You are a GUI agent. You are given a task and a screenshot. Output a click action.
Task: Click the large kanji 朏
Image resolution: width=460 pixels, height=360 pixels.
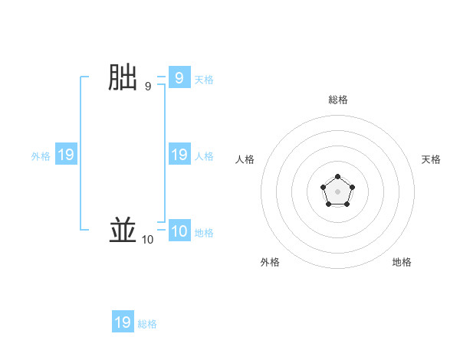tap(123, 78)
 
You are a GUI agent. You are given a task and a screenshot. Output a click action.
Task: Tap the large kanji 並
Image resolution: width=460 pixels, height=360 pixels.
tap(123, 231)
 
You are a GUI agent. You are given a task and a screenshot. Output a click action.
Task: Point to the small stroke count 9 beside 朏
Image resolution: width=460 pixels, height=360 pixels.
tap(148, 87)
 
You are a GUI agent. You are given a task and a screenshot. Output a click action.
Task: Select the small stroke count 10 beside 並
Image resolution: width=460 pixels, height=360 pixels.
tap(147, 240)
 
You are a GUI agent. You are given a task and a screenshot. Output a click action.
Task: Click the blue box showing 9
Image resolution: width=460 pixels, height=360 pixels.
tap(179, 77)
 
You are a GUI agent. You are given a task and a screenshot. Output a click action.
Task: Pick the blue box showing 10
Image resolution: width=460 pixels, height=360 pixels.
tap(179, 231)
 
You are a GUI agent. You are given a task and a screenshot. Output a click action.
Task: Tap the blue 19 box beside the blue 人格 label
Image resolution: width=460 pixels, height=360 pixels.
tap(179, 155)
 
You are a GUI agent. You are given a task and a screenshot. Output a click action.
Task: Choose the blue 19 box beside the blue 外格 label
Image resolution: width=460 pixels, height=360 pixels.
tap(65, 155)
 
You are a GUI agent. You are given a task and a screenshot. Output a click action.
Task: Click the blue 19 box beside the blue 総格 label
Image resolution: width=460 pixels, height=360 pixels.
tap(123, 322)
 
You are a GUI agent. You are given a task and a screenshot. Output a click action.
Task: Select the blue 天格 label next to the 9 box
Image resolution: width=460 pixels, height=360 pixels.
tap(204, 80)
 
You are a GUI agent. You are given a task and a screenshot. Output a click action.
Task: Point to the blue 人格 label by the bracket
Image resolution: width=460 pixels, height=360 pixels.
tap(204, 156)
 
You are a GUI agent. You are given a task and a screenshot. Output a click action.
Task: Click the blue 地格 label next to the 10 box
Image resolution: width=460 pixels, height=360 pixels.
tap(204, 233)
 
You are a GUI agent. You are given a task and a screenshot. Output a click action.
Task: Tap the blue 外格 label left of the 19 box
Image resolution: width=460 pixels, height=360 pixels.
tap(41, 156)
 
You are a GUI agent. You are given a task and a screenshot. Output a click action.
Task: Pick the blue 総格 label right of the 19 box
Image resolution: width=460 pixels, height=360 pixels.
tap(147, 324)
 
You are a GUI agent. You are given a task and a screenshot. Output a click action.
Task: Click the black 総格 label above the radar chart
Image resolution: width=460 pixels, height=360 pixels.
tap(338, 100)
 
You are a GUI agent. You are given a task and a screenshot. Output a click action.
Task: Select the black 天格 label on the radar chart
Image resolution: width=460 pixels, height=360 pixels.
tap(432, 159)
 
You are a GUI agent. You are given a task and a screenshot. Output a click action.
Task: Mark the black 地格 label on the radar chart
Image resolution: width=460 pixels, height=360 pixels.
tap(402, 262)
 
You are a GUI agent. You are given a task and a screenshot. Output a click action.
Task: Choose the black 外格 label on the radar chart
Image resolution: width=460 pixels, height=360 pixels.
tap(270, 262)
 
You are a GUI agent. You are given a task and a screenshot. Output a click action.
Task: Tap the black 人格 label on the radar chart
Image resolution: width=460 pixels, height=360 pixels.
tap(245, 159)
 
